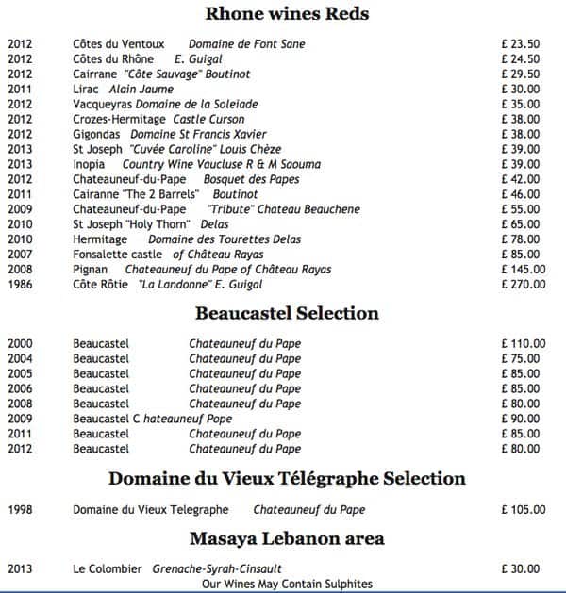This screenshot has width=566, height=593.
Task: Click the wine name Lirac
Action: tap(86, 89)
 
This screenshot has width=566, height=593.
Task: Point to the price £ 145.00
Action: tap(524, 270)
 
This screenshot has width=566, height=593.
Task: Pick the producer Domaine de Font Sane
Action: tap(246, 43)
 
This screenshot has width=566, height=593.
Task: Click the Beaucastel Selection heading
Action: tap(287, 313)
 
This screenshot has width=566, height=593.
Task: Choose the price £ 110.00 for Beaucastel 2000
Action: tap(524, 344)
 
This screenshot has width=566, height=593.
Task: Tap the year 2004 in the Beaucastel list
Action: tap(20, 359)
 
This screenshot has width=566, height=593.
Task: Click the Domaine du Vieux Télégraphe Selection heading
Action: tap(287, 478)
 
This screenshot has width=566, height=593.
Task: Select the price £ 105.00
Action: tap(524, 510)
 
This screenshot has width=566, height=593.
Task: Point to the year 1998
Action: tap(20, 510)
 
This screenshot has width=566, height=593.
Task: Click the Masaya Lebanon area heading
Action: tap(287, 538)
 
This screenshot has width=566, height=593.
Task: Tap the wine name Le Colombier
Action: tap(108, 569)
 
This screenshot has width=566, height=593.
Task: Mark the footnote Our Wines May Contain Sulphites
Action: tap(287, 585)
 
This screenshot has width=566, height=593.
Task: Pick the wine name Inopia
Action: tap(90, 164)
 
